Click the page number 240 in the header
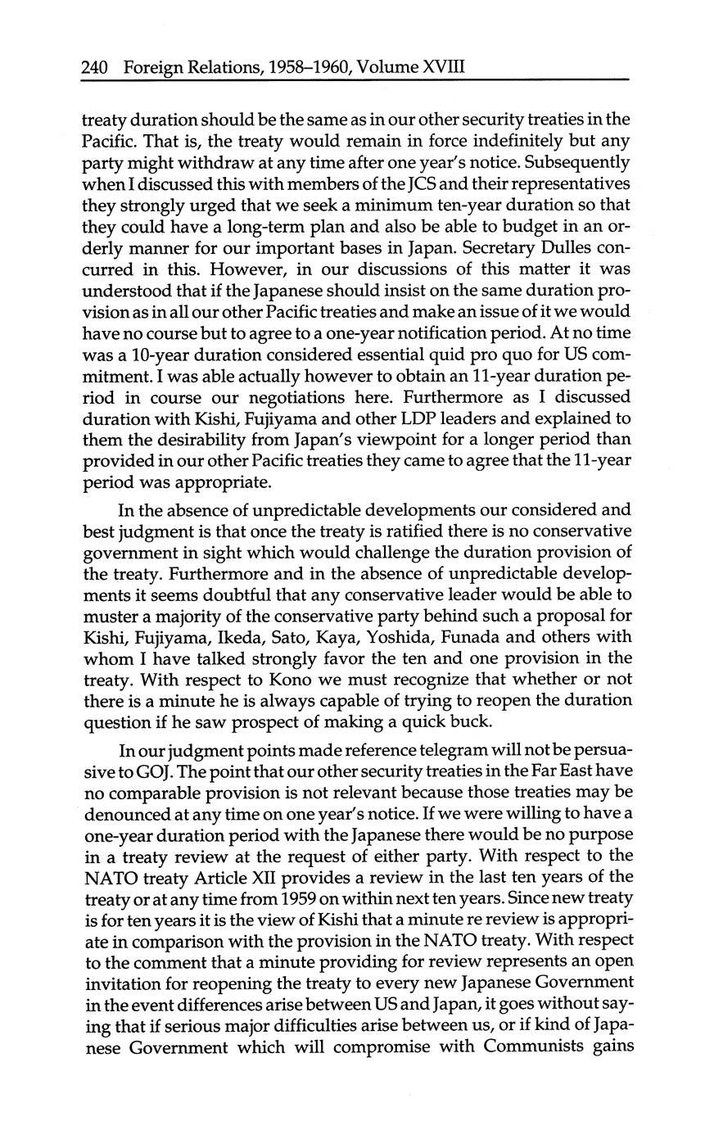click(x=96, y=66)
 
